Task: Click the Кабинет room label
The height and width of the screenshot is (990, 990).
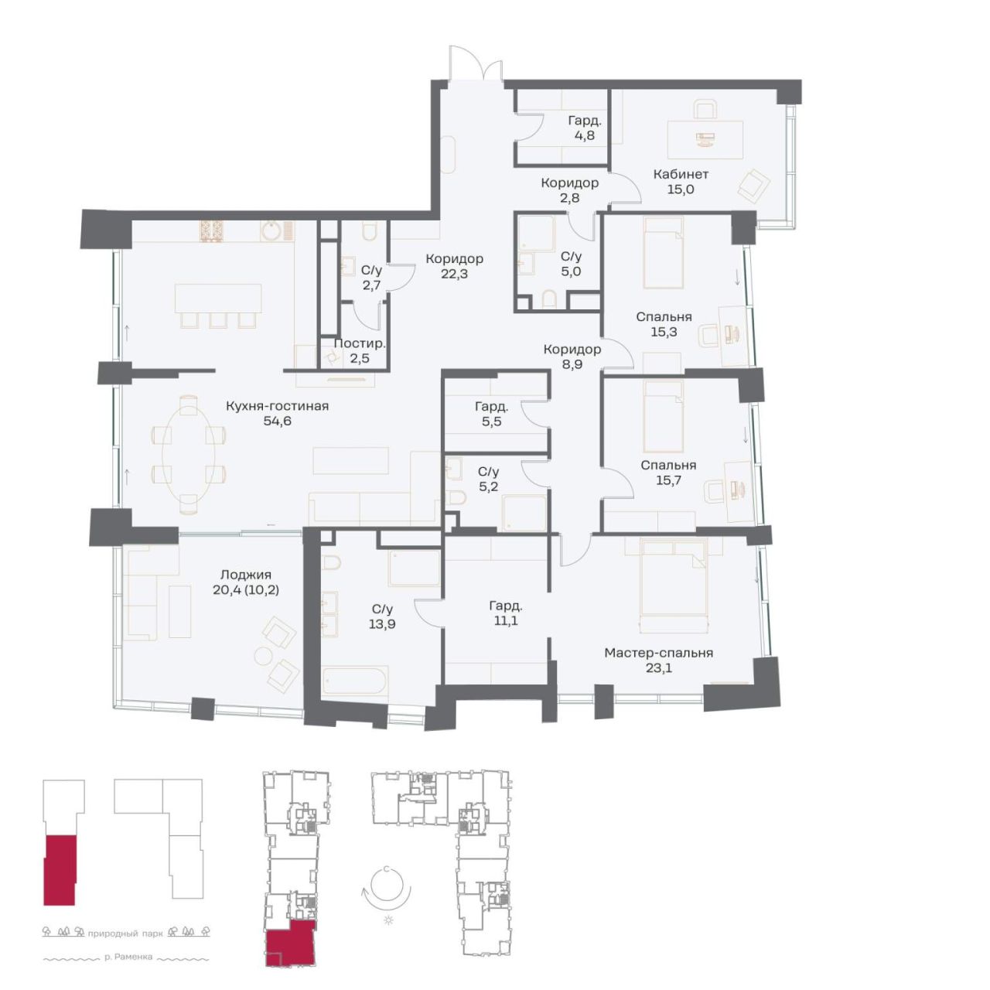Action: pos(680,174)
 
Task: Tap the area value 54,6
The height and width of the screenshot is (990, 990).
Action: pos(277,422)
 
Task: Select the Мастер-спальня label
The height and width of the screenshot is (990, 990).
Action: pos(658,653)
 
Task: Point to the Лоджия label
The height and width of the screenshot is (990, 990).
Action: pos(245,575)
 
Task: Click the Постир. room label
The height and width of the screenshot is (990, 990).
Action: pos(360,343)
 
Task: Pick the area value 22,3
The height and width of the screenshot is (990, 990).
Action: pos(454,274)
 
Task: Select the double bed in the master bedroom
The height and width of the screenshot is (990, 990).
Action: pos(674,585)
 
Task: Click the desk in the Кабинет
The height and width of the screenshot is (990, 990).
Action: pos(705,140)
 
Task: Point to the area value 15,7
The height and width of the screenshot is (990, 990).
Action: pos(668,480)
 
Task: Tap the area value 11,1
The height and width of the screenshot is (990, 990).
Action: pos(506,620)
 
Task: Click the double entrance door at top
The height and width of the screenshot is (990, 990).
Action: pos(475,63)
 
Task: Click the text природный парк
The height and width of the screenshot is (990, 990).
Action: pos(125,933)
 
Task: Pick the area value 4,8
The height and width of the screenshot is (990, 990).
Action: pos(585,135)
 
